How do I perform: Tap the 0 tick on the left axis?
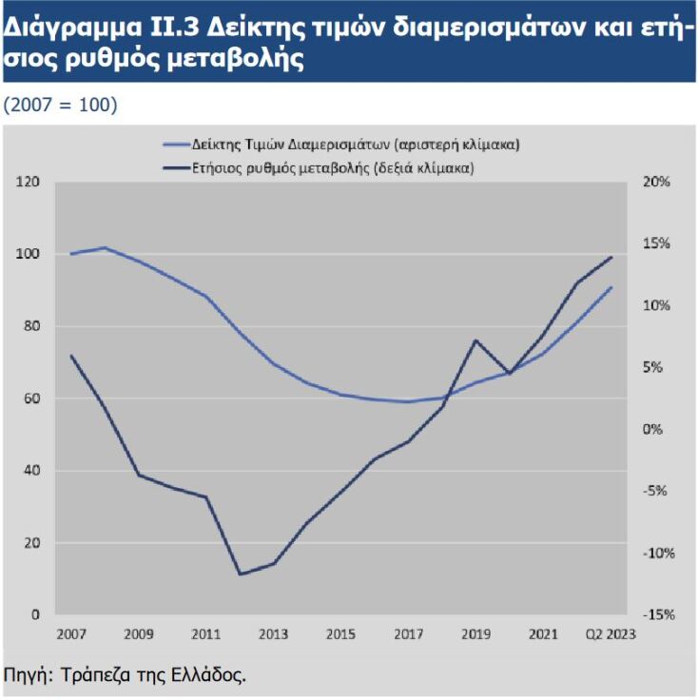pos(35,614)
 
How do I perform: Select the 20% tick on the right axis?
pos(657,182)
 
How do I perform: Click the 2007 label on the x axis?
pos(71,633)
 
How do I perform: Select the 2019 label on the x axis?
pos(475,633)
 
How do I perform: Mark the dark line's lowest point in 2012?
pos(240,574)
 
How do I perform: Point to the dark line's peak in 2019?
pos(475,340)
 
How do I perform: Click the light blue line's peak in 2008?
pos(105,247)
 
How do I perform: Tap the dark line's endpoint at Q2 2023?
pos(611,257)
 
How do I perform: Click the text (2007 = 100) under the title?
pos(61,104)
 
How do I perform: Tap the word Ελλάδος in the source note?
pos(209,676)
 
